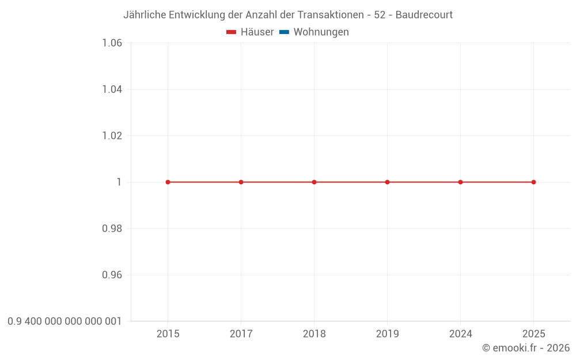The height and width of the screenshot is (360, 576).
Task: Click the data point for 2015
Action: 168,182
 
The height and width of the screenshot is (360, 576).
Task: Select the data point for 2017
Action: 241,182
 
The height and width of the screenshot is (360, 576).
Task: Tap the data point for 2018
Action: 314,182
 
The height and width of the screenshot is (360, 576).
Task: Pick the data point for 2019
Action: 387,182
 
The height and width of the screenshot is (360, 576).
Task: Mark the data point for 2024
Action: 460,182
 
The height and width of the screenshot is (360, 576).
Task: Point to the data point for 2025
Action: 533,182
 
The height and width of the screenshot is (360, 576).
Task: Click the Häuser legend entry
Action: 250,32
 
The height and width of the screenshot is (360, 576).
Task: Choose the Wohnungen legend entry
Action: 314,32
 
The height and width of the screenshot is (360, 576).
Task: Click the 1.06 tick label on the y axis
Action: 112,43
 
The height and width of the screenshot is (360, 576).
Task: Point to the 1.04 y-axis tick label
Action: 112,89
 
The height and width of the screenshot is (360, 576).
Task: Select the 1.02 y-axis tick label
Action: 112,136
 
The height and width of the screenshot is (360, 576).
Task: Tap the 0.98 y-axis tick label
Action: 112,229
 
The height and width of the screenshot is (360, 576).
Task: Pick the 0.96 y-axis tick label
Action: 112,275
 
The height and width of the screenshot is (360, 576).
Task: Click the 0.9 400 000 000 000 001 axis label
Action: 65,321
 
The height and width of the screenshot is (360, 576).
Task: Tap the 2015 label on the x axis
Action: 168,334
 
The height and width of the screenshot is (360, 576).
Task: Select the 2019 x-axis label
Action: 387,334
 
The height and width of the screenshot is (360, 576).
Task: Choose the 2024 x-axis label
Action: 460,334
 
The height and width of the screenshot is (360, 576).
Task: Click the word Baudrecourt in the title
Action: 424,15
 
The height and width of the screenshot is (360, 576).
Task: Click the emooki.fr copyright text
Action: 526,348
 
